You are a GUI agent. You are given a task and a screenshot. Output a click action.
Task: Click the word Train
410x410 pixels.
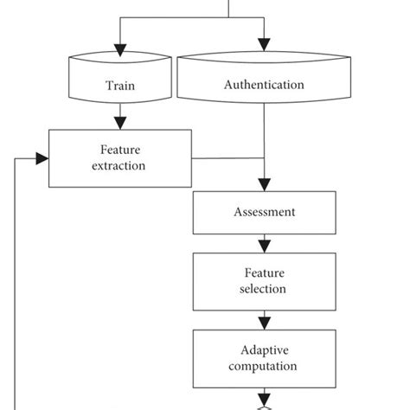(x=119, y=86)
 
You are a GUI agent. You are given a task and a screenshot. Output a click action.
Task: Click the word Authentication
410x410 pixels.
(x=264, y=85)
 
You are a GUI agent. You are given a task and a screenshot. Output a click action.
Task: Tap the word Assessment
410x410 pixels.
(x=264, y=212)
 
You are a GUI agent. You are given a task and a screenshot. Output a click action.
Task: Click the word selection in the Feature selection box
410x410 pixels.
(x=263, y=289)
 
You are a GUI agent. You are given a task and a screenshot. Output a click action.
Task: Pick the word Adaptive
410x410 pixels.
(x=263, y=351)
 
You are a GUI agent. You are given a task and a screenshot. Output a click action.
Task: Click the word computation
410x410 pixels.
(x=263, y=366)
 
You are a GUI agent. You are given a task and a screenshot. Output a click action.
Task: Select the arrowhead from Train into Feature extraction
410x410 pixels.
(x=119, y=123)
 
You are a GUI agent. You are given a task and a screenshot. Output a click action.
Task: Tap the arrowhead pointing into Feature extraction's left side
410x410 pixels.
(x=41, y=158)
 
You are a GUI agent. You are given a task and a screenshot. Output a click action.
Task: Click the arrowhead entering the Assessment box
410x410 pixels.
(x=264, y=184)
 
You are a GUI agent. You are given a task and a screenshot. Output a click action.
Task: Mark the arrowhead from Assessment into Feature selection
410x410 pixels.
(x=264, y=246)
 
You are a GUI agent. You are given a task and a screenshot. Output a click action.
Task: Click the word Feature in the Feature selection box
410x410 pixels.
(x=263, y=274)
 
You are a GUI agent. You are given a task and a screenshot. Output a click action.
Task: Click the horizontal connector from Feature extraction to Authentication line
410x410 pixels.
(x=227, y=158)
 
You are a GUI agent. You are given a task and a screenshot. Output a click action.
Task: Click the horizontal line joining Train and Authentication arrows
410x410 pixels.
(x=190, y=19)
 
